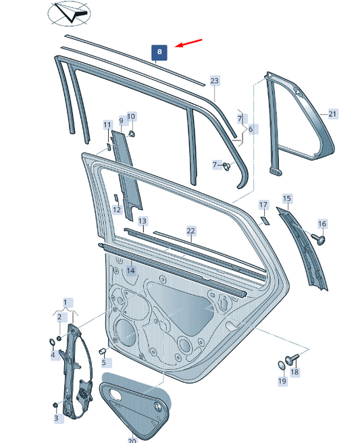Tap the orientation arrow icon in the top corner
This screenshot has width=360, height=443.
pyautogui.click(x=69, y=13)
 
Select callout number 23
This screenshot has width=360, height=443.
pyautogui.click(x=215, y=81)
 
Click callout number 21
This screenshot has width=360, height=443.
pyautogui.click(x=332, y=114)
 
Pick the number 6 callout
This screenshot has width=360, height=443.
pyautogui.click(x=250, y=129)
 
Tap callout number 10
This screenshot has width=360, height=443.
pyautogui.click(x=131, y=116)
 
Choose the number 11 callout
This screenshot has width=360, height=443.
pyautogui.click(x=107, y=125)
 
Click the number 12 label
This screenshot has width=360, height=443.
pyautogui.click(x=117, y=210)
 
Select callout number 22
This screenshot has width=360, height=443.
pyautogui.click(x=190, y=231)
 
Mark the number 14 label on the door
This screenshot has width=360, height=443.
pyautogui.click(x=131, y=271)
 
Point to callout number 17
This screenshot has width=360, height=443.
pyautogui.click(x=263, y=204)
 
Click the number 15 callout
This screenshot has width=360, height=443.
pyautogui.click(x=287, y=199)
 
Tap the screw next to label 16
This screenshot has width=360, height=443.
pyautogui.click(x=319, y=238)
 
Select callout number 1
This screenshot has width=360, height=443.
pyautogui.click(x=66, y=301)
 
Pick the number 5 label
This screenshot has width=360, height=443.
pyautogui.click(x=104, y=363)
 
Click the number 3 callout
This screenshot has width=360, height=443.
pyautogui.click(x=56, y=419)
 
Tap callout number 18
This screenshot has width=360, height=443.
pyautogui.click(x=294, y=372)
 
